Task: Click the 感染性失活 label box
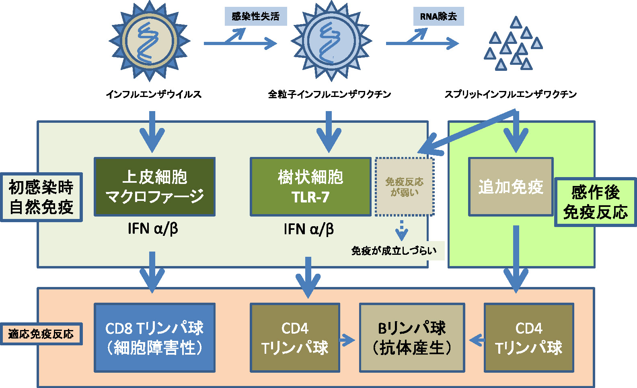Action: (256, 16)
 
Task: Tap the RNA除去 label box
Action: (438, 16)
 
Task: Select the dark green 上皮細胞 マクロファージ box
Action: (155, 187)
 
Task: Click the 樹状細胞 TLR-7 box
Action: (310, 187)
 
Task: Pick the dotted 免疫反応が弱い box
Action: (405, 187)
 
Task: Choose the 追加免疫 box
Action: (511, 187)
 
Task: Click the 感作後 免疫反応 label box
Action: (596, 202)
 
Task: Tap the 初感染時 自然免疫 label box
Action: (41, 197)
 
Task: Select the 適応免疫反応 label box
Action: (41, 334)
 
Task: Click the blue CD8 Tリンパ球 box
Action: (155, 338)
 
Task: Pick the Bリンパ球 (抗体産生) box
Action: (412, 338)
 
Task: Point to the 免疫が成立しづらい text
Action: (394, 251)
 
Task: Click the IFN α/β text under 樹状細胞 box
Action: (309, 229)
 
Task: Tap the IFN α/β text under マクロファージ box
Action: (153, 229)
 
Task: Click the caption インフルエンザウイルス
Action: (154, 94)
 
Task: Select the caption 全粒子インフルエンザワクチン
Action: (330, 94)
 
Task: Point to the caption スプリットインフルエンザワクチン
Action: (511, 94)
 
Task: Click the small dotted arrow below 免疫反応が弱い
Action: (401, 230)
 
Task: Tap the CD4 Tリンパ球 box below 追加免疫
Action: (529, 338)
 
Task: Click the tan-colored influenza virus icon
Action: (150, 41)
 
